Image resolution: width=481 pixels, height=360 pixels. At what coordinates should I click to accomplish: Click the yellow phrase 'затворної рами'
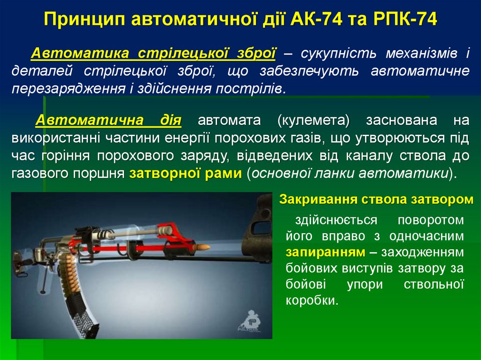coord(186,173)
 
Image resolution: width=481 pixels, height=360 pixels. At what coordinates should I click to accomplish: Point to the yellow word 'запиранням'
coord(326,252)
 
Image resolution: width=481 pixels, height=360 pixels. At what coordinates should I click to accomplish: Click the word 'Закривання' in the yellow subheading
coord(319,199)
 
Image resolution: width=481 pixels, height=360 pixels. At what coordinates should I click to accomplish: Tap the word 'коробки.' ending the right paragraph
coord(312,300)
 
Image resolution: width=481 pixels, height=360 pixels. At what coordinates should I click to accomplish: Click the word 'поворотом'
coord(430,220)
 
